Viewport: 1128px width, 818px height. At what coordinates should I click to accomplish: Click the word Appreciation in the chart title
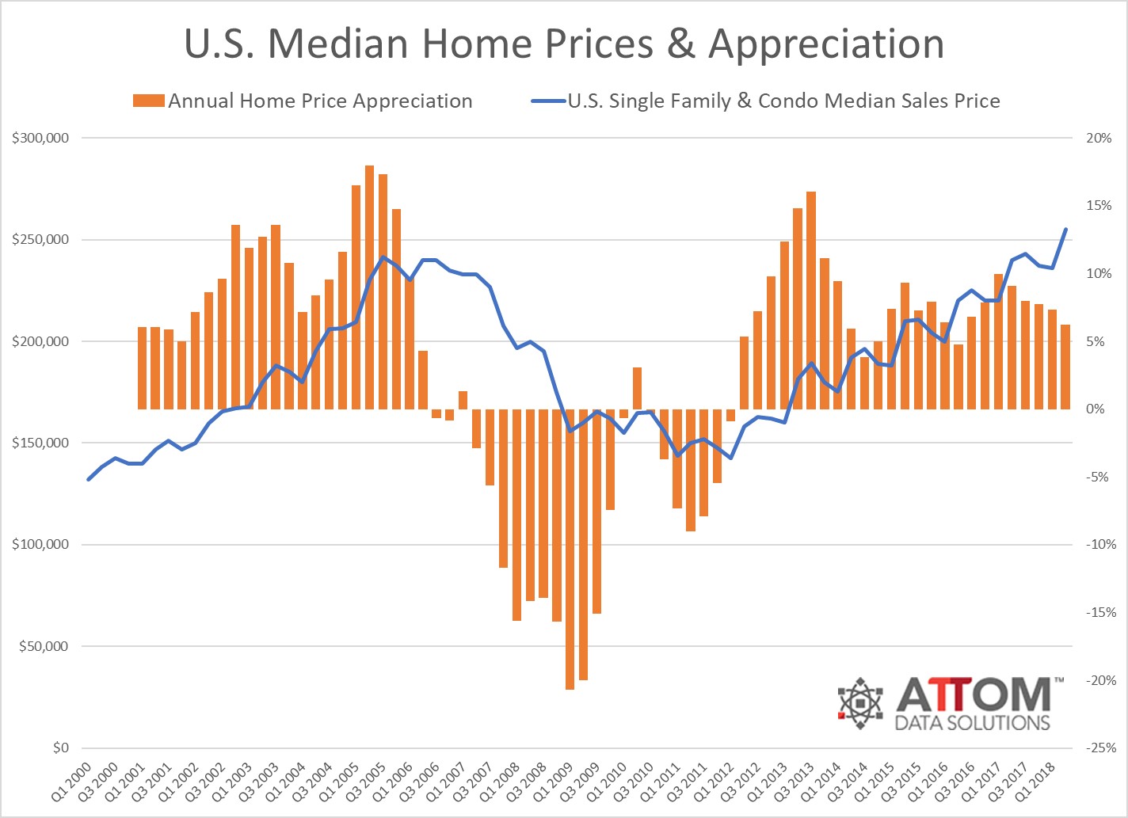click(825, 45)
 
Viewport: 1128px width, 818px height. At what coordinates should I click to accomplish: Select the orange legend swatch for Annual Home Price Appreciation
click(149, 101)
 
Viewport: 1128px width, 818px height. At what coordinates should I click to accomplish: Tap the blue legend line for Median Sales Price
click(547, 101)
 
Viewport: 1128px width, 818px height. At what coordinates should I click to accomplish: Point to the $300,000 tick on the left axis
click(40, 138)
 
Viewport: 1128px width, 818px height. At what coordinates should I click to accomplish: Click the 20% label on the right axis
click(1099, 138)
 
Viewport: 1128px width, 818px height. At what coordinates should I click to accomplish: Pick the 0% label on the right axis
click(1096, 409)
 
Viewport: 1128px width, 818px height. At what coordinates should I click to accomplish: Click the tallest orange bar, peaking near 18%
click(369, 285)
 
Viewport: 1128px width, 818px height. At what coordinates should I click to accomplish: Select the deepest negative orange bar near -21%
click(570, 546)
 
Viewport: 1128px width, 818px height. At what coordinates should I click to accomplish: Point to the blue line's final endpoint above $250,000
click(1065, 230)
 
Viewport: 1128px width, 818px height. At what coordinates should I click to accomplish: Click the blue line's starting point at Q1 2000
click(89, 479)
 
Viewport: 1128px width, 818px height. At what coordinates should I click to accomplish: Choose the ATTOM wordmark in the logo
click(974, 694)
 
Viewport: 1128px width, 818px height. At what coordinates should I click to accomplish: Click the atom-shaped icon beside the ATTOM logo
click(860, 702)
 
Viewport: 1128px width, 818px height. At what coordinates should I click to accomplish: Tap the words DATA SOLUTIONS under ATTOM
click(972, 722)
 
